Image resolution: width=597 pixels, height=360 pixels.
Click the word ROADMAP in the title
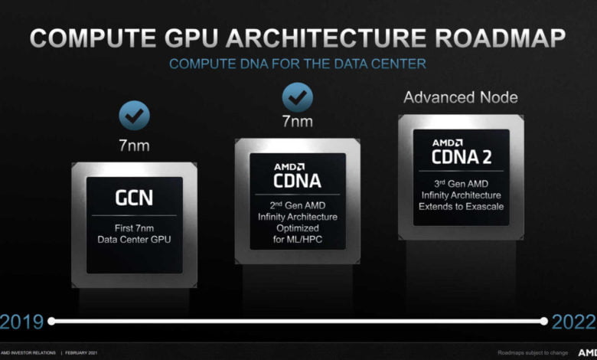click(x=500, y=38)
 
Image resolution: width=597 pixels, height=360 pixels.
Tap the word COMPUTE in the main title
click(x=93, y=38)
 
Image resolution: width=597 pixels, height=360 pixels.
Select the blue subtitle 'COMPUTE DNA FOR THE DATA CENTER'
click(x=298, y=64)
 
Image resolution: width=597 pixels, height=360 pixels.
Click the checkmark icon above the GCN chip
click(x=134, y=116)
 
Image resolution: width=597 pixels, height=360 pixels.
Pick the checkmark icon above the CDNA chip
click(x=298, y=97)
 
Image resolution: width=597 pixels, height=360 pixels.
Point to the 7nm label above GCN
click(x=134, y=146)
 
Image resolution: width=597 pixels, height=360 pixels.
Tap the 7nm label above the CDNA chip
click(x=298, y=122)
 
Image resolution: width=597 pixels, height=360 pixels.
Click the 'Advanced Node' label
click(x=461, y=97)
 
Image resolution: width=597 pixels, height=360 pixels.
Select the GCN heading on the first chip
click(x=134, y=198)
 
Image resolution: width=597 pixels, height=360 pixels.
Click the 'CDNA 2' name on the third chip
click(x=462, y=157)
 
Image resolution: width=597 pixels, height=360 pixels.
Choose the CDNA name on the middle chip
click(x=298, y=181)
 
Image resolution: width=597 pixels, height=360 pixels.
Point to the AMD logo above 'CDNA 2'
click(x=448, y=143)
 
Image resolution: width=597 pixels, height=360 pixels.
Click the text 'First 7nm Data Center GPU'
click(x=134, y=234)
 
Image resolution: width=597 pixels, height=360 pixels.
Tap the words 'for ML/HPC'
click(x=298, y=239)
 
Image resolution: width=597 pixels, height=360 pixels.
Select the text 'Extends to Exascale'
click(x=461, y=207)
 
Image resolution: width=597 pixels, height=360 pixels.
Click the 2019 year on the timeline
click(x=21, y=322)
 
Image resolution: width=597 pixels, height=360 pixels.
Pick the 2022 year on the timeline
click(x=574, y=322)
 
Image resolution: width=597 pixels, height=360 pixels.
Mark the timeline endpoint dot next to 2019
click(x=51, y=321)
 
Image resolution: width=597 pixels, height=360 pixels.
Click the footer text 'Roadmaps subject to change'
click(x=533, y=353)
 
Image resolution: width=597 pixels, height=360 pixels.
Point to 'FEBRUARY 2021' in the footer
click(x=81, y=353)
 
